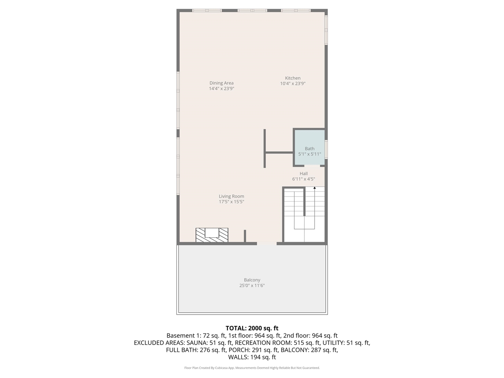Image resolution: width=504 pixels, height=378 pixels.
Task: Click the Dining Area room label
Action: click(221, 83)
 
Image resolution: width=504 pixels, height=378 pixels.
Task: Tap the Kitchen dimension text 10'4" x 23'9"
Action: click(293, 83)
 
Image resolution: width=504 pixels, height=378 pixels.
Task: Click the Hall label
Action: click(304, 174)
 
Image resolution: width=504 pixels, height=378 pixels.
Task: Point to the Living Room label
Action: click(231, 196)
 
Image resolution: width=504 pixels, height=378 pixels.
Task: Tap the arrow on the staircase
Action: click(314, 189)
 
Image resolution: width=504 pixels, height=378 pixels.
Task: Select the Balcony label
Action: click(252, 280)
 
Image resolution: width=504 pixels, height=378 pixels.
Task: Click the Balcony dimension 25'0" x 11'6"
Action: click(252, 285)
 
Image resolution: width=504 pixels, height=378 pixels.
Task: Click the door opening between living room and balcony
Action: click(267, 244)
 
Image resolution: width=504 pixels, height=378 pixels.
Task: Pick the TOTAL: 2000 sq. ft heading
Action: click(252, 328)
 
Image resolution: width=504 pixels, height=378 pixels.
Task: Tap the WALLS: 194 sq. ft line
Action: click(252, 358)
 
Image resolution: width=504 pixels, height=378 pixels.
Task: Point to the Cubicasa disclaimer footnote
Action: click(252, 368)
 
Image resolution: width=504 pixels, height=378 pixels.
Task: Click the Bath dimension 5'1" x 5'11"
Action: click(309, 154)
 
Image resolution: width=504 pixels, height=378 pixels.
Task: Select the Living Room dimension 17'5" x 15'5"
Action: click(231, 202)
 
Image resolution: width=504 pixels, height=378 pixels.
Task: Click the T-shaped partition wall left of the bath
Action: click(265, 152)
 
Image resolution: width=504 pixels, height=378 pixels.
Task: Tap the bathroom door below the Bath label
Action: click(312, 166)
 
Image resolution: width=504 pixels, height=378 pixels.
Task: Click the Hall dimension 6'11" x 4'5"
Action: click(304, 179)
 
